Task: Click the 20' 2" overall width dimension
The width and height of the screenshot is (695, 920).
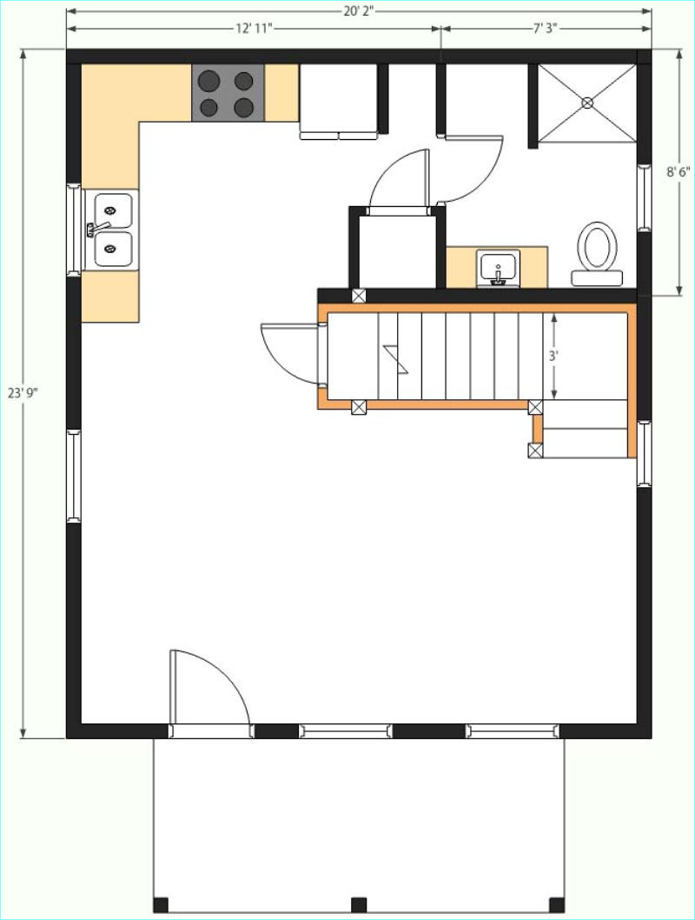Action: [x=359, y=11]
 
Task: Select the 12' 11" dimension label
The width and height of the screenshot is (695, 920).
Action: [x=255, y=29]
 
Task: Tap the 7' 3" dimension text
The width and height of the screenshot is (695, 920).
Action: [x=545, y=29]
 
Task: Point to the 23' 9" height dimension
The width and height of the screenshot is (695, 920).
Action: [x=23, y=392]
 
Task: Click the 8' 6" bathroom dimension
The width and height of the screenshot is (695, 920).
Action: [x=678, y=172]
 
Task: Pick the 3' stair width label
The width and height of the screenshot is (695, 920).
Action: [x=553, y=356]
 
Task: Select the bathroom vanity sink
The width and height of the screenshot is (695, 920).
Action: [x=498, y=269]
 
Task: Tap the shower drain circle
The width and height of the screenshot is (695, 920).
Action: [x=587, y=103]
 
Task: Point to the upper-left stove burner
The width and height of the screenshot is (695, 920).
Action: [x=208, y=81]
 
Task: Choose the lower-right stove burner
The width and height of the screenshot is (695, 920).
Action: [x=244, y=107]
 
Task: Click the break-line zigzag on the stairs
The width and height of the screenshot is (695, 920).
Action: [x=395, y=359]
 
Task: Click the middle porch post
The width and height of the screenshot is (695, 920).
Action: [x=359, y=904]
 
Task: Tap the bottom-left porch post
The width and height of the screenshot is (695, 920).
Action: [x=161, y=904]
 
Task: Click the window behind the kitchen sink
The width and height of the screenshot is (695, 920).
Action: [x=74, y=230]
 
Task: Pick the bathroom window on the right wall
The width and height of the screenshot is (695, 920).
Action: [x=644, y=197]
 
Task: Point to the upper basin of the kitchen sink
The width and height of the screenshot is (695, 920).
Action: [x=113, y=210]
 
